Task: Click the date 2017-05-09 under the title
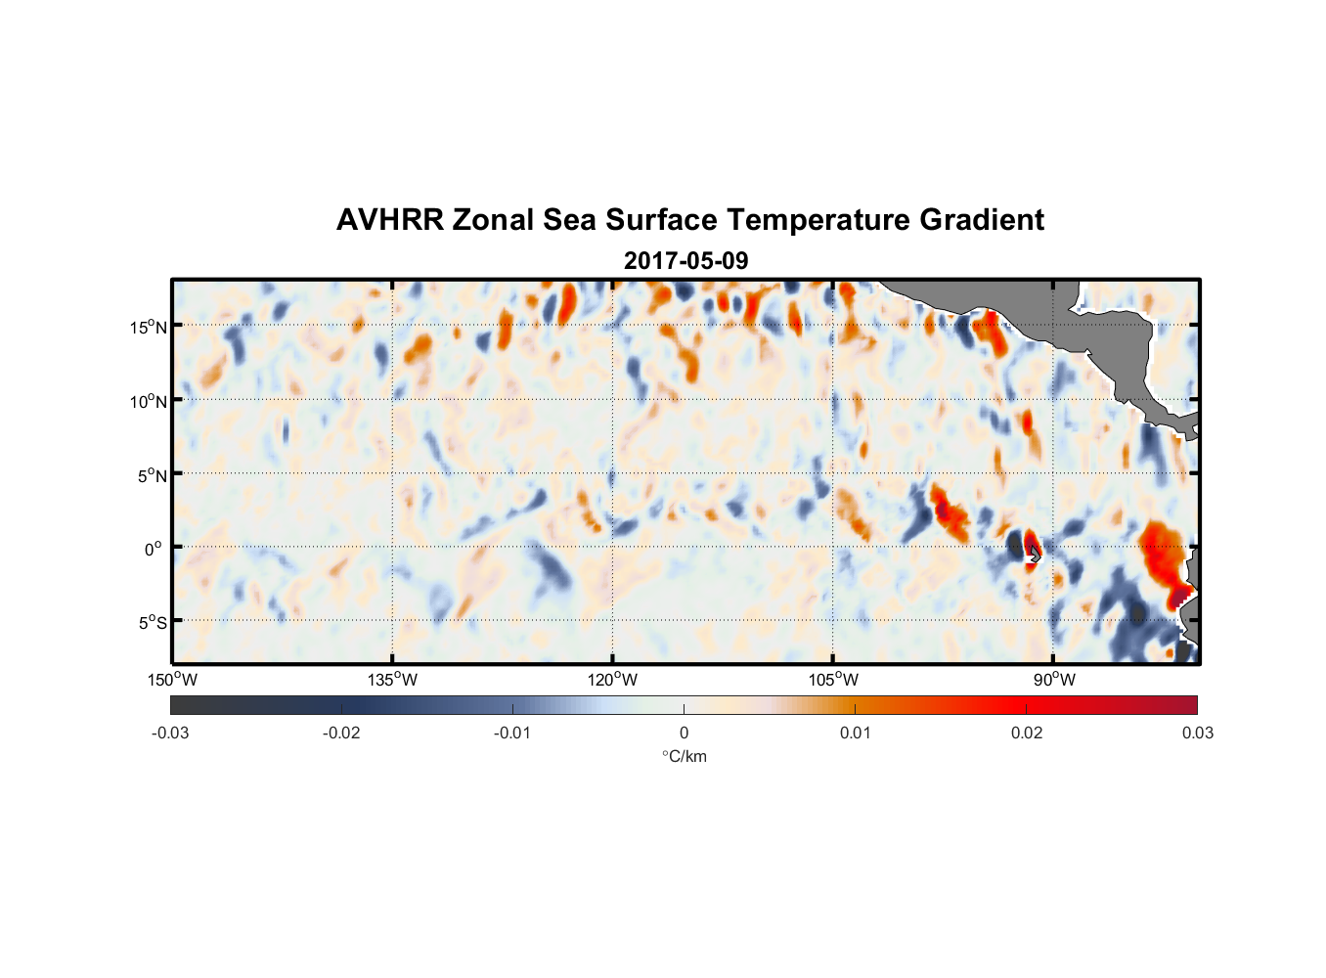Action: tap(685, 261)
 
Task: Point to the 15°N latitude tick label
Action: tap(149, 327)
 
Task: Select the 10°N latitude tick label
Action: tap(149, 401)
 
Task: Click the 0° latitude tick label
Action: tap(154, 549)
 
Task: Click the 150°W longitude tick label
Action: tap(172, 680)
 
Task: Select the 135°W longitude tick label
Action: tap(392, 680)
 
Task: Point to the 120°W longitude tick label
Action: tap(612, 680)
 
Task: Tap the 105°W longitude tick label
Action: tap(833, 680)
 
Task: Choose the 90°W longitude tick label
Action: tap(1054, 680)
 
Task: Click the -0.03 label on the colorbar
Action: tap(170, 733)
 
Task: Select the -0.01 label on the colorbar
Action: tap(512, 733)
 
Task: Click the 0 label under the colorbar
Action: tap(684, 733)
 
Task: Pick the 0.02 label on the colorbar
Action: tap(1027, 733)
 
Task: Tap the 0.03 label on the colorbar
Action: tap(1197, 733)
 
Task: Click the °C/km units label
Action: tap(684, 756)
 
